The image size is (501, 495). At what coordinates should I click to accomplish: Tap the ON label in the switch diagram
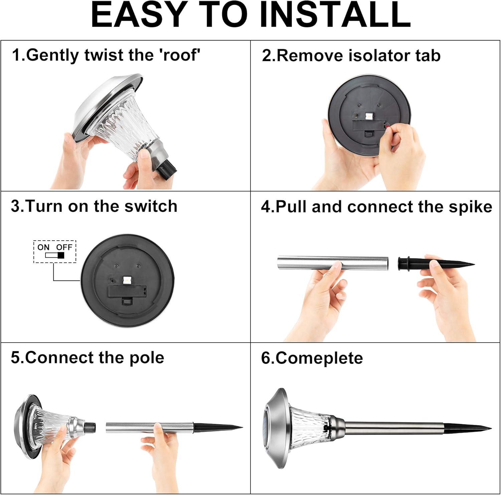click(43, 247)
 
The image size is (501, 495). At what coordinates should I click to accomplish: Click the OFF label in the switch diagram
click(64, 247)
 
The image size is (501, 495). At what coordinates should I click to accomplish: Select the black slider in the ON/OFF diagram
click(61, 256)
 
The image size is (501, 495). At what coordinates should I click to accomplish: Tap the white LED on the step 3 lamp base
click(127, 279)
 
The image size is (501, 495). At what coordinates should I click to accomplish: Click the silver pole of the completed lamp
click(394, 427)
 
